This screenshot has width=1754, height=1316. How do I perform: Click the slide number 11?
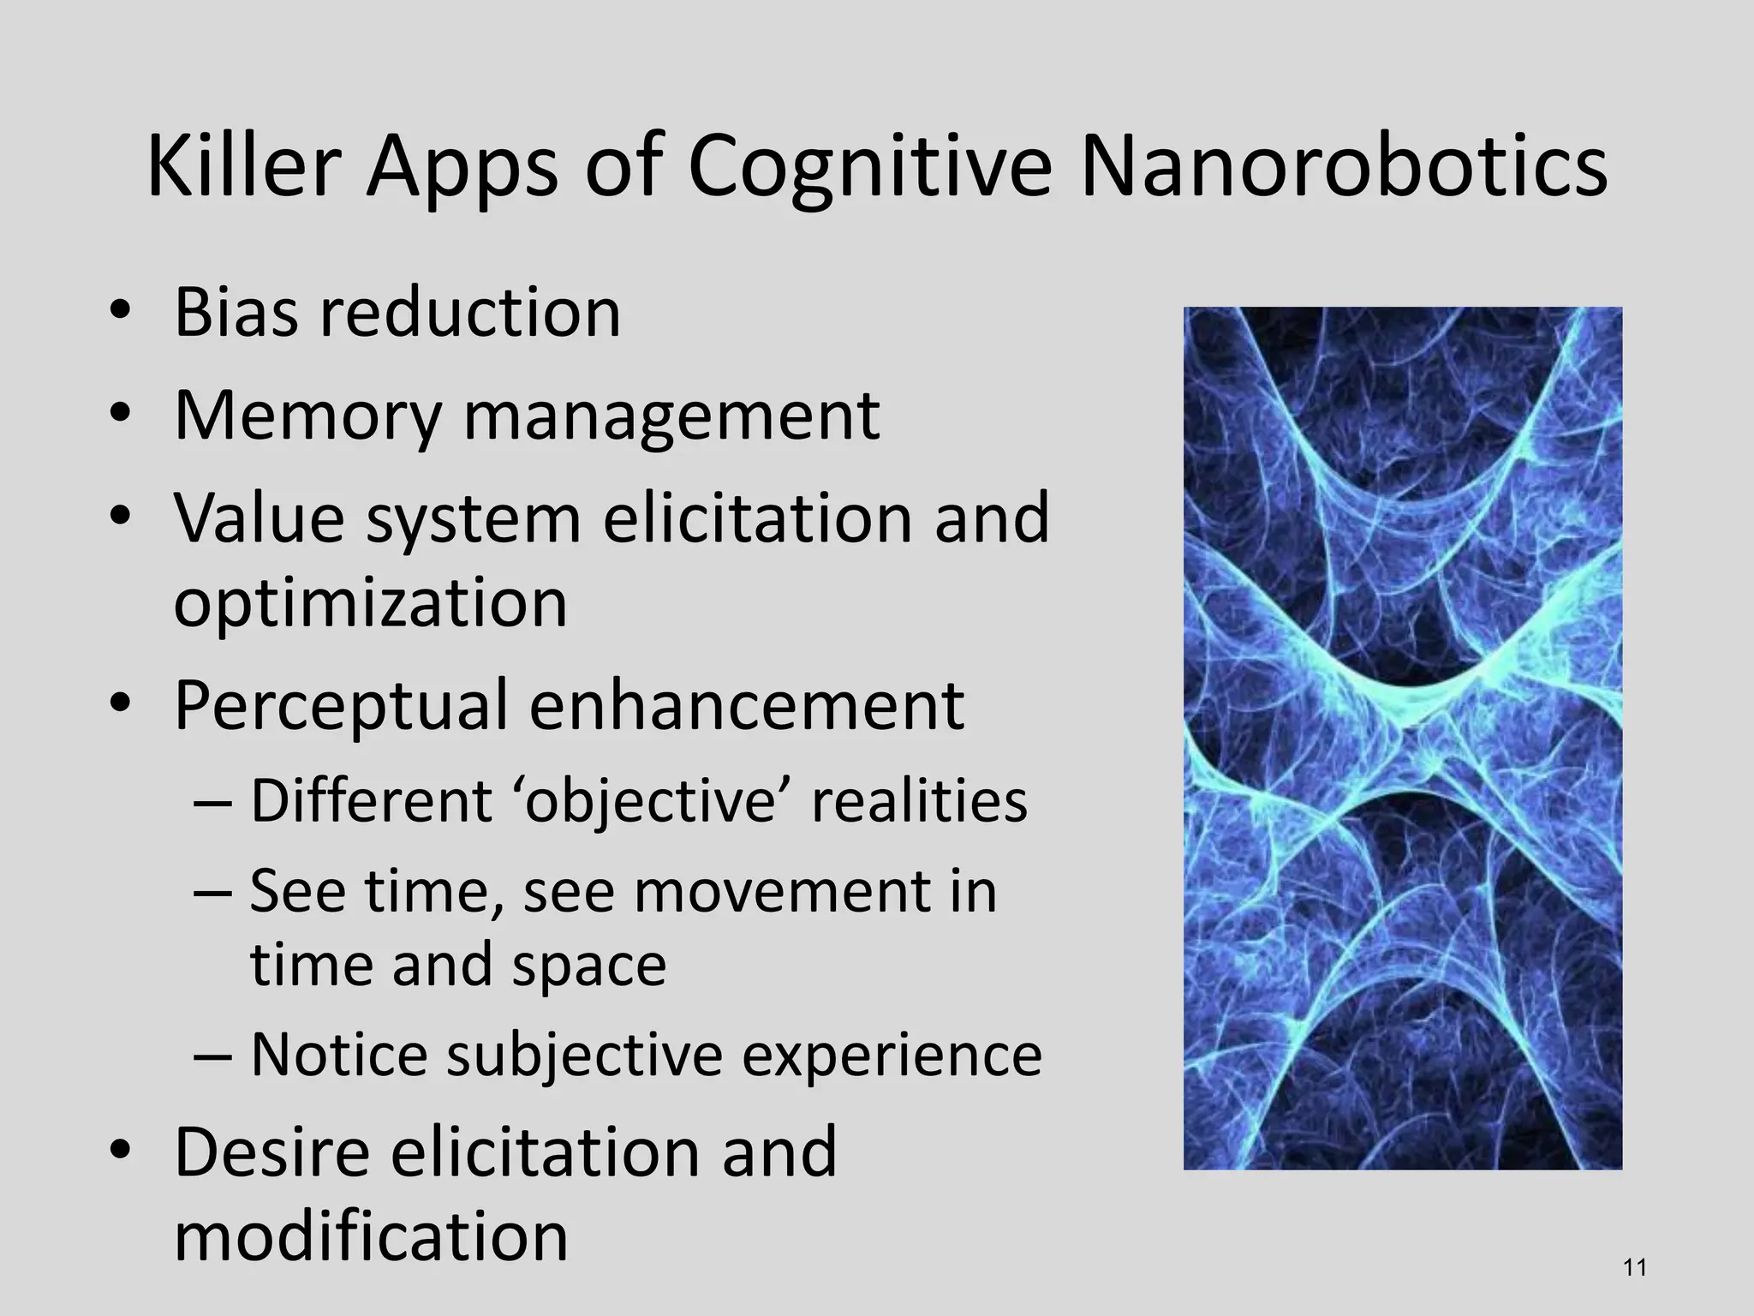[x=1635, y=1266]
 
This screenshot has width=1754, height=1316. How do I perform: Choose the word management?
[x=671, y=417]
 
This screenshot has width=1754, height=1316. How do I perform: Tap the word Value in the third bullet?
[x=259, y=517]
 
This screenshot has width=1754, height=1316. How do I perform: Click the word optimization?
[x=370, y=602]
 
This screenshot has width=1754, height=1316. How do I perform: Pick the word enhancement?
[x=747, y=705]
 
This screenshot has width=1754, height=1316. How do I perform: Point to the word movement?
[x=782, y=891]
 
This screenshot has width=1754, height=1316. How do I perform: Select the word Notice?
[x=339, y=1055]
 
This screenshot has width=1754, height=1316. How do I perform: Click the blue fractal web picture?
[x=1402, y=738]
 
